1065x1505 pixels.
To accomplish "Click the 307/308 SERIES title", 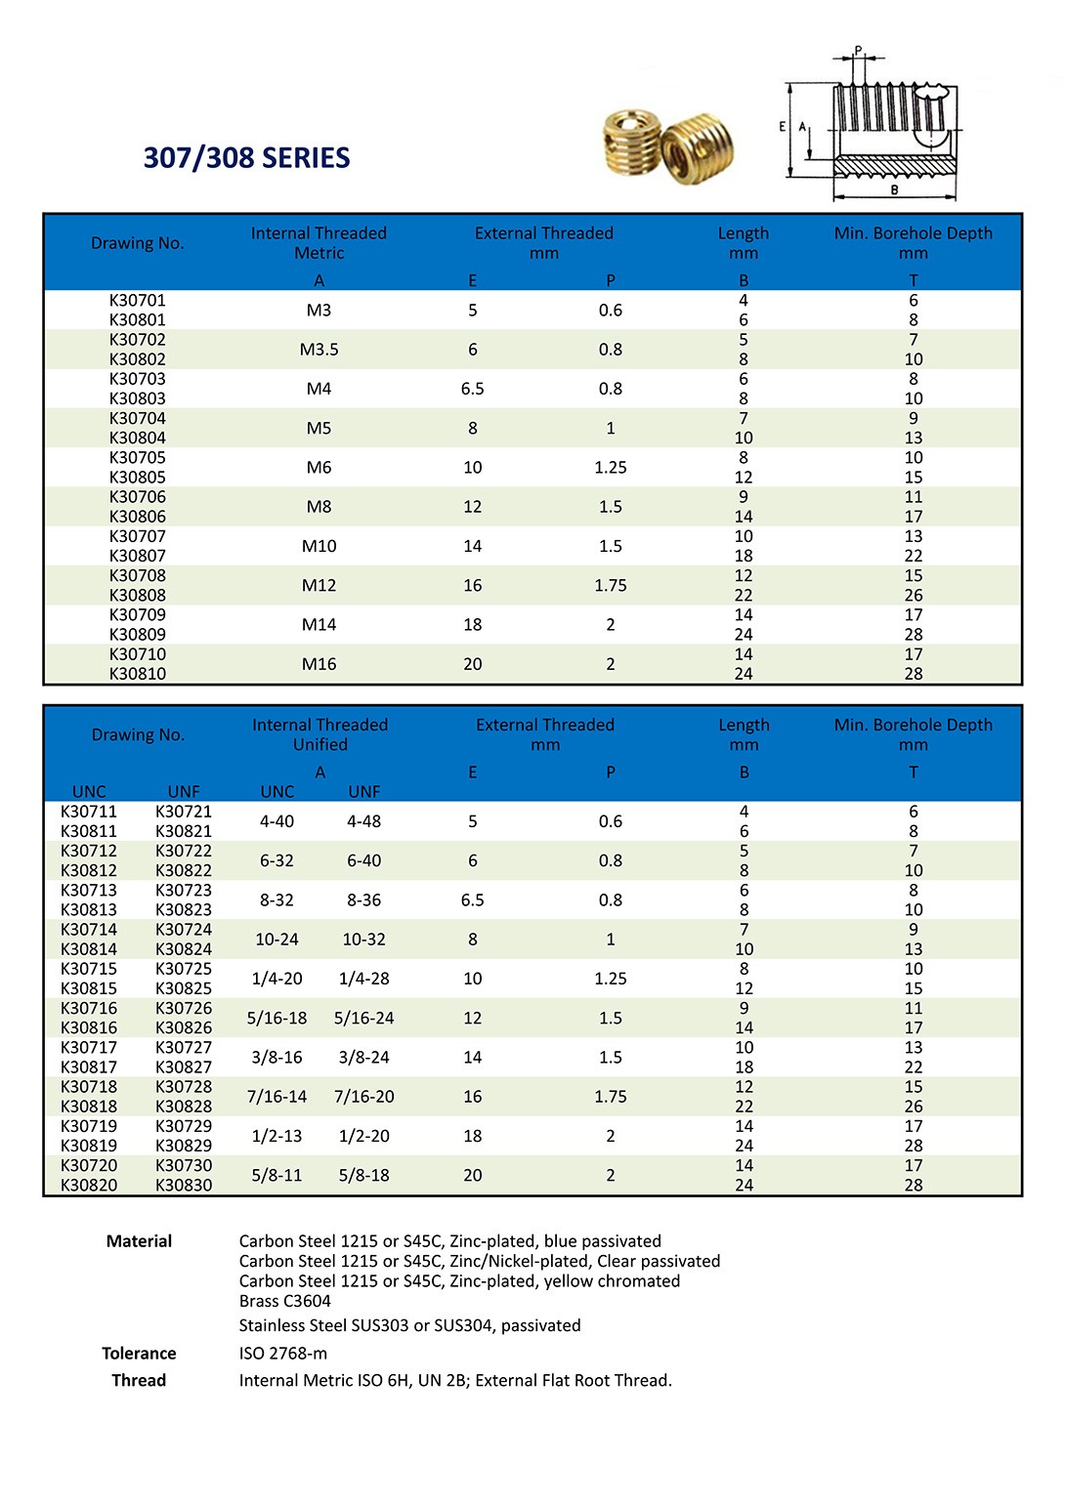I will tap(246, 157).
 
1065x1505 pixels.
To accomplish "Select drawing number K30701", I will tap(138, 300).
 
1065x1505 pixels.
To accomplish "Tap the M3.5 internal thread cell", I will tap(319, 350).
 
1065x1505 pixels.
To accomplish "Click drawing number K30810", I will tap(138, 674).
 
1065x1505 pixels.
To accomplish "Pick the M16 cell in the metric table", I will tap(319, 664).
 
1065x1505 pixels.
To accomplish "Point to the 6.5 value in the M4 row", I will tap(473, 389).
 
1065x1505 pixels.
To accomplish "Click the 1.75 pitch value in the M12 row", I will tap(611, 585).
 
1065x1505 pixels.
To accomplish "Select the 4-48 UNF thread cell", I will tap(363, 821).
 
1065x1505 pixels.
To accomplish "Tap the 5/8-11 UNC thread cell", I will tap(277, 1175).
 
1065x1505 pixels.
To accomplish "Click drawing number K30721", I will tap(184, 812).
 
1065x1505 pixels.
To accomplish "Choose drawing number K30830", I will tap(184, 1185).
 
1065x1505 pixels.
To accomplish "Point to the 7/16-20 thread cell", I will tap(363, 1097).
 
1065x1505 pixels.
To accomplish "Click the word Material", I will tap(139, 1241).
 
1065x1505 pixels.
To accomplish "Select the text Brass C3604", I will tap(285, 1301).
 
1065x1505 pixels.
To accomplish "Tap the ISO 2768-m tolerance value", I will tap(283, 1354).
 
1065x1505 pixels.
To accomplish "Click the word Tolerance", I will tap(139, 1354).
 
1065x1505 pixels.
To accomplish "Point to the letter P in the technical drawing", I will tap(859, 50).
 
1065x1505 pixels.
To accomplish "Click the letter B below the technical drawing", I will tap(894, 189).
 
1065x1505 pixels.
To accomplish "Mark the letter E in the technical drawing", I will tap(782, 126).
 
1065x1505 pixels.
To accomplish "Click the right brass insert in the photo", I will tap(698, 148).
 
